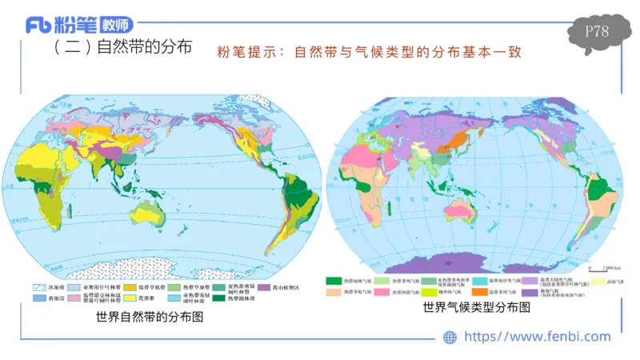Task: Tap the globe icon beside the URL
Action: point(450,337)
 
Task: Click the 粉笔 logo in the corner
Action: point(80,24)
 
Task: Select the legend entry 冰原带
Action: point(48,286)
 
